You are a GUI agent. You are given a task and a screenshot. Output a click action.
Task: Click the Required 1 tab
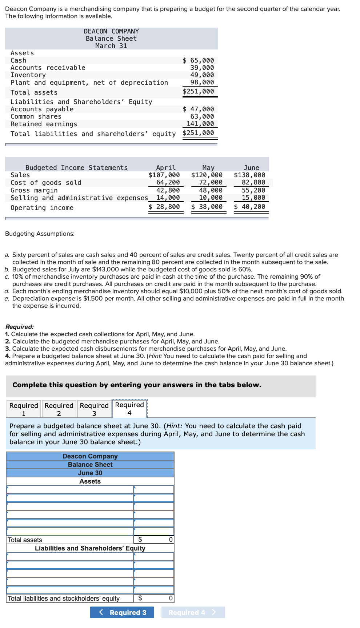pos(24,409)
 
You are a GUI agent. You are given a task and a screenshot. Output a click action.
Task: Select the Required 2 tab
pos(59,409)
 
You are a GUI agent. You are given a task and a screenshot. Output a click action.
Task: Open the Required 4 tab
pos(129,409)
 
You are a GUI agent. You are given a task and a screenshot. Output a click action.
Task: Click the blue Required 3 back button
pos(122,612)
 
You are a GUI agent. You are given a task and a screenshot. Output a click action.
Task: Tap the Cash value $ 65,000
pos(198,60)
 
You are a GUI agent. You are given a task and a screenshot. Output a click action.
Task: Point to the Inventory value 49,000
pos(202,75)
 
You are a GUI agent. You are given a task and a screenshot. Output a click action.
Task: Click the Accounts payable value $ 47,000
pos(198,109)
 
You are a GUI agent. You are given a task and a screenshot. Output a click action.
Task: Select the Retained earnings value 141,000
pos(200,124)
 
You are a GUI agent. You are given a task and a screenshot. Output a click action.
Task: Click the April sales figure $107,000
pos(164,175)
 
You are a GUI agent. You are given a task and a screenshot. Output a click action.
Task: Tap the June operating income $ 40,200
pos(249,207)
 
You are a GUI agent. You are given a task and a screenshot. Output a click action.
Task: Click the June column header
pos(251,168)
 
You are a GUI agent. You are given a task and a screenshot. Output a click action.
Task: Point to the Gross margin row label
pos(34,190)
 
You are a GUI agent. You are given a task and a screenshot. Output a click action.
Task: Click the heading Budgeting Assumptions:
pos(40,234)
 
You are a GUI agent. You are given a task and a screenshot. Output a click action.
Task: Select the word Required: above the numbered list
pos(20,327)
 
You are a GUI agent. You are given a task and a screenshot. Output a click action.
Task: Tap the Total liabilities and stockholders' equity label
pos(64,599)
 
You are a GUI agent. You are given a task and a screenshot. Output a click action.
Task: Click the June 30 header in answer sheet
pos(90,473)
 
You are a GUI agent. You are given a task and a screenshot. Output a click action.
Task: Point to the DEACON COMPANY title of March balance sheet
pos(111,31)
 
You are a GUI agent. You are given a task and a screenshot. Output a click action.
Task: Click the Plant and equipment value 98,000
pos(202,82)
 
